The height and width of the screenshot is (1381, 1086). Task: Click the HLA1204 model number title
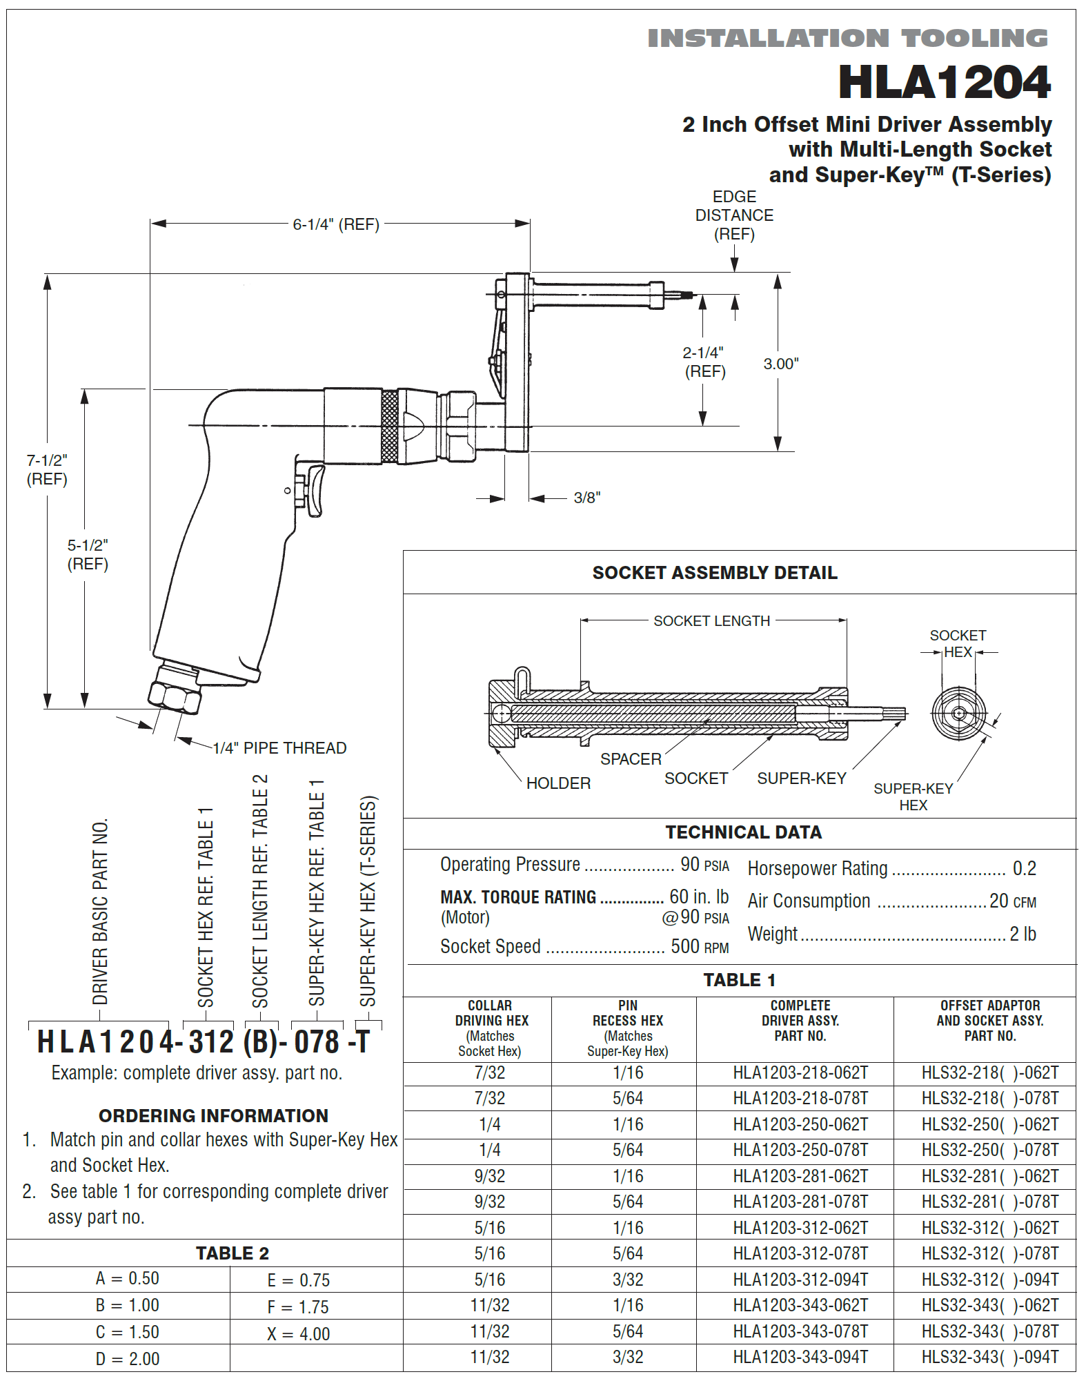(943, 83)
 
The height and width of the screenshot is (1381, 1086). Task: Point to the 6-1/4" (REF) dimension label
(336, 224)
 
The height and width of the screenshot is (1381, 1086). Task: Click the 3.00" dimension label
(780, 364)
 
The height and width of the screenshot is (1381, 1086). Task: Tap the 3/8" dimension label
(586, 498)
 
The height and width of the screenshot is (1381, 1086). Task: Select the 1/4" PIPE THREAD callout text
(279, 748)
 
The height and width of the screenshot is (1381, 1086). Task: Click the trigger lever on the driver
(315, 489)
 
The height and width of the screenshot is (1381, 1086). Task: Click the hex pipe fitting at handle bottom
(175, 696)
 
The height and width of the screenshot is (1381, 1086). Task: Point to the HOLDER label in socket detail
(558, 783)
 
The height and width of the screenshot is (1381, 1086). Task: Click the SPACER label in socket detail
(630, 759)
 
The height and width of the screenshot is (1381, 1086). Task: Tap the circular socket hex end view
(958, 714)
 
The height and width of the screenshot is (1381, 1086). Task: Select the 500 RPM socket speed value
(699, 947)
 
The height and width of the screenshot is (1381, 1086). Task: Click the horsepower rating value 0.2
(1024, 869)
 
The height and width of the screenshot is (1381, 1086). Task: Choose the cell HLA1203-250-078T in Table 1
(800, 1150)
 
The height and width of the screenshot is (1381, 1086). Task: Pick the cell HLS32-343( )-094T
(989, 1358)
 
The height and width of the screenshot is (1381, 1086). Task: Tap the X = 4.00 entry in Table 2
(298, 1334)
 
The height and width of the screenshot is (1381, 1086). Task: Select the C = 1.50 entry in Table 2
(127, 1332)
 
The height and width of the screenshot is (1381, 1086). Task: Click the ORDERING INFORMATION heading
(213, 1116)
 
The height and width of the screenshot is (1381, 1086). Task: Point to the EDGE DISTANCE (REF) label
(734, 215)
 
